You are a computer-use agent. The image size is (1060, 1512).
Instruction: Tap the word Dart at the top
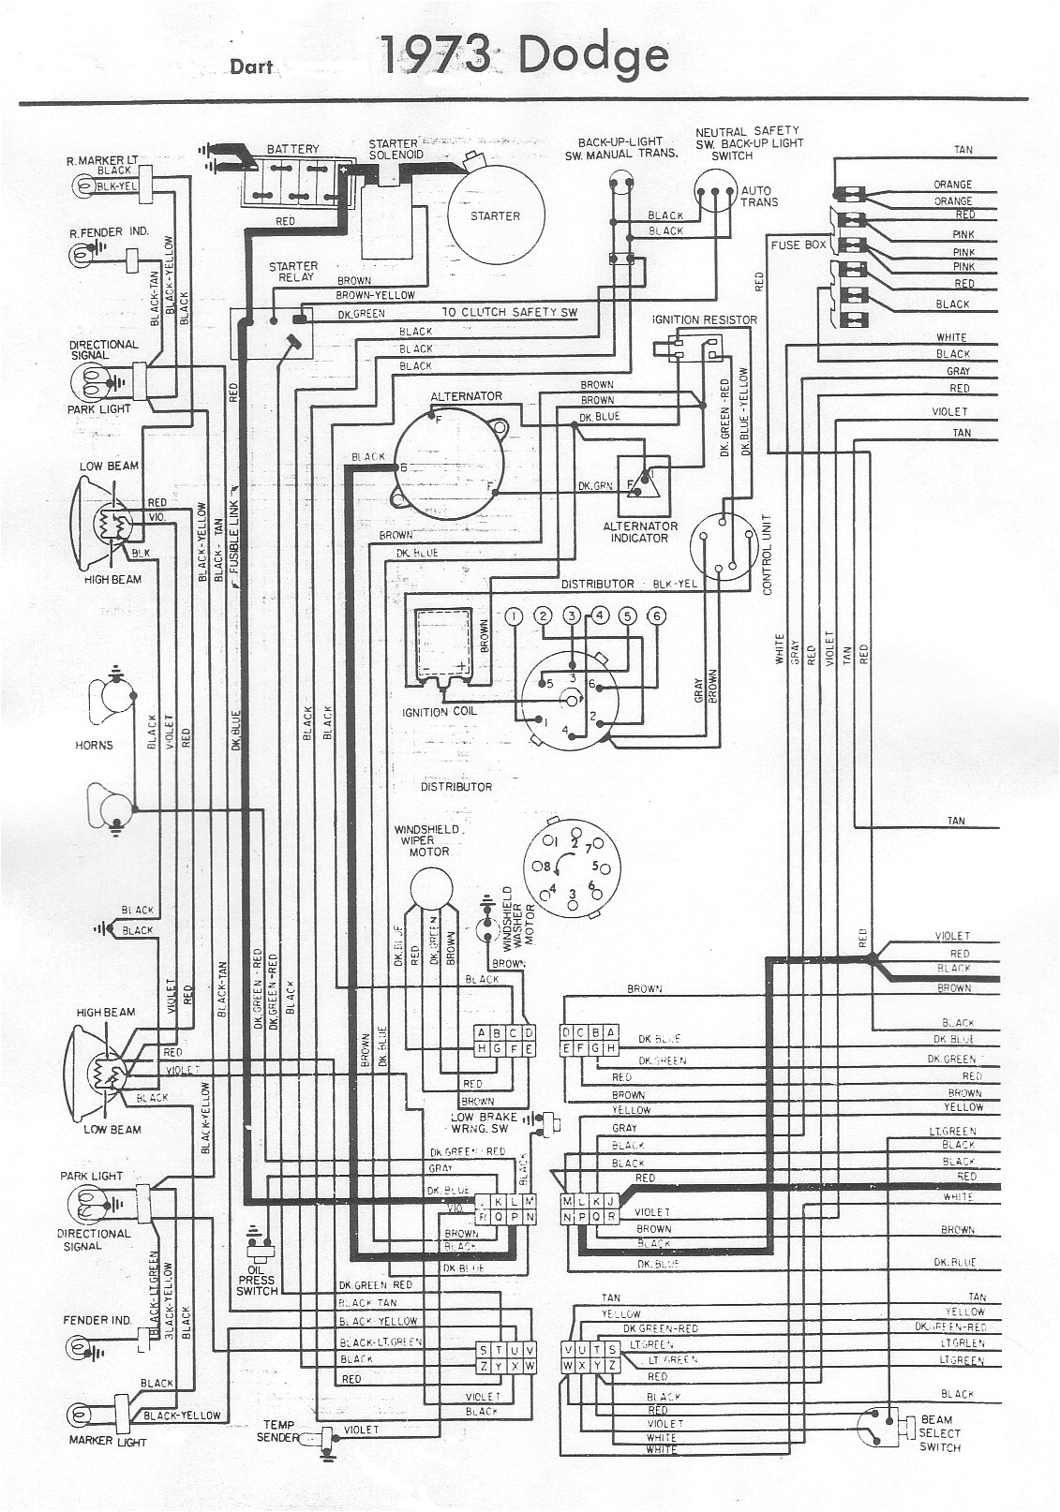(251, 67)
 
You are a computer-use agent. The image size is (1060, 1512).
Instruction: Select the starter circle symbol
(495, 215)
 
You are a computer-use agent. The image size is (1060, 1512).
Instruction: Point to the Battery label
(292, 149)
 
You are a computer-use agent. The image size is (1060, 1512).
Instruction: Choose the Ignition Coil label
(440, 711)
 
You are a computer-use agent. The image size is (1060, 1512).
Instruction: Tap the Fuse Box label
(799, 245)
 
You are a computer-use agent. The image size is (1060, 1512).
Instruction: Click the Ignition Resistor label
(704, 319)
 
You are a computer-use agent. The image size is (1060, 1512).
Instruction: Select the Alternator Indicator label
(640, 532)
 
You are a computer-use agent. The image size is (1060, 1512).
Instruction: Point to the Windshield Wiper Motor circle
(430, 888)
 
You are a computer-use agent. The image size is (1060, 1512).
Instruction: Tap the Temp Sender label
(279, 1430)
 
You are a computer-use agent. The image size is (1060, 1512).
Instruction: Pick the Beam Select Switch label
(939, 1433)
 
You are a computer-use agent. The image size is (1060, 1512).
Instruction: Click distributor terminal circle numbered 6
(657, 615)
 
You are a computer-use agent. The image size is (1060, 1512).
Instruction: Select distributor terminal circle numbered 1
(514, 615)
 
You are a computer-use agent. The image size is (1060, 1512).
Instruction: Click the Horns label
(94, 745)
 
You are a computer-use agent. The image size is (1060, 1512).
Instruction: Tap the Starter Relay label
(293, 272)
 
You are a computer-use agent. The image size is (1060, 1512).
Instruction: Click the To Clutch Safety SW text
(510, 312)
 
